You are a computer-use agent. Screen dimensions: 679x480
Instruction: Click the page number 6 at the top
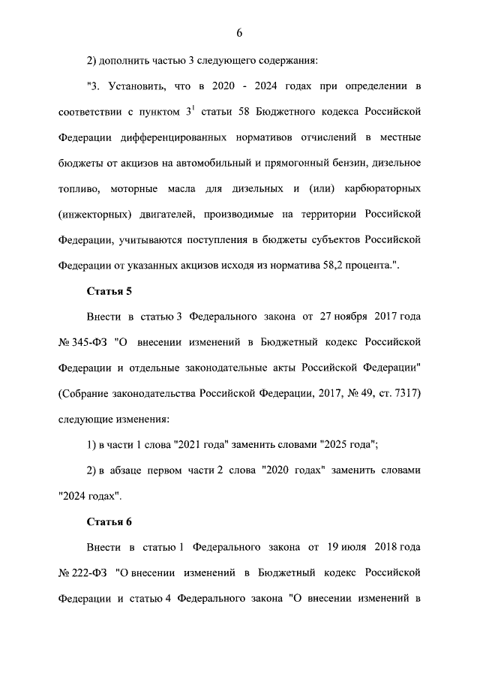239,32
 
